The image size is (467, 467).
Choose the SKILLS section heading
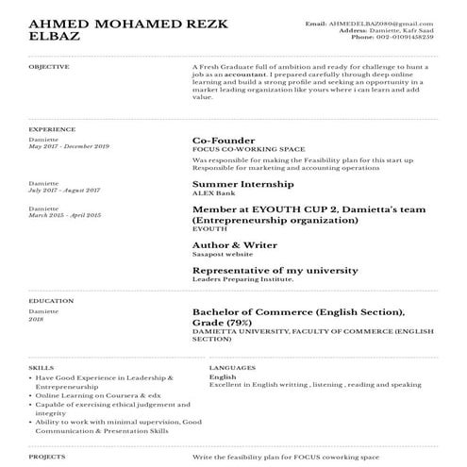41,366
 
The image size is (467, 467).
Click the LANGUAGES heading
231,366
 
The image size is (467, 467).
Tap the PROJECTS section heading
46,456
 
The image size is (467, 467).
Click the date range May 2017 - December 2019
69,146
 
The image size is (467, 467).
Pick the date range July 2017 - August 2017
64,190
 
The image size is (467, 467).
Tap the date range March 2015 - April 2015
64,215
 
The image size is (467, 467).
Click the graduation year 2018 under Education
36,319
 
